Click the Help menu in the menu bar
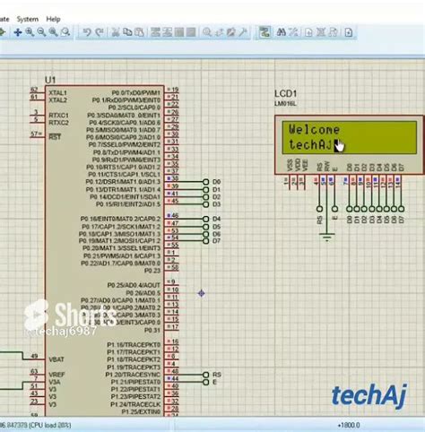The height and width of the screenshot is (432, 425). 53,18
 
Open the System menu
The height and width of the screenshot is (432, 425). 27,18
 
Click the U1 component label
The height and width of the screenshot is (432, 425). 50,81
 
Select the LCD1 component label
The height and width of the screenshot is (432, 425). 285,94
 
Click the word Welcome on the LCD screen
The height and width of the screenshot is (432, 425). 314,130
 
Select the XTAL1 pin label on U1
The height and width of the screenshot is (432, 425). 58,91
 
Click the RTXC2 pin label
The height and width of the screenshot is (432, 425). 59,122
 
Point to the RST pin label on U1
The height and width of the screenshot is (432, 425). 55,137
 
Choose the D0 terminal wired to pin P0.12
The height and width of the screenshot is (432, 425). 216,182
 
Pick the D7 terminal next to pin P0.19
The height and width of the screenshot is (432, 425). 216,240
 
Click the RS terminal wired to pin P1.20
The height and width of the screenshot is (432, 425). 216,375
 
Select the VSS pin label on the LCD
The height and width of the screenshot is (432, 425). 290,167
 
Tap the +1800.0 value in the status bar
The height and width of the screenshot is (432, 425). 349,426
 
